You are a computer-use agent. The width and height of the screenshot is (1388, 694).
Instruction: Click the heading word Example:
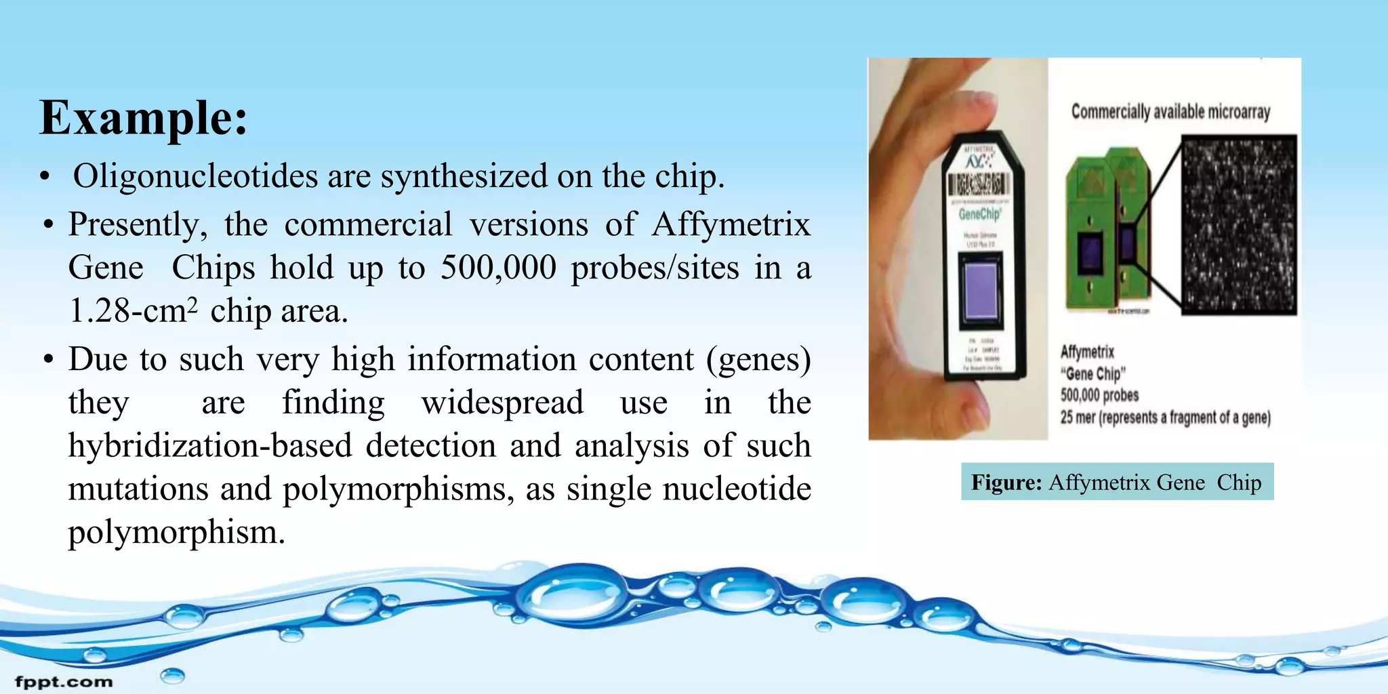tap(144, 118)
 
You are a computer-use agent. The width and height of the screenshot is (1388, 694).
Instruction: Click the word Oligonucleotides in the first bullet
tap(195, 176)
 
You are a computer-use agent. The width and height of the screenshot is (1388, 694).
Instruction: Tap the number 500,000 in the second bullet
tap(498, 268)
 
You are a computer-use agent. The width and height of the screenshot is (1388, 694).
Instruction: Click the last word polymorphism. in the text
tap(176, 532)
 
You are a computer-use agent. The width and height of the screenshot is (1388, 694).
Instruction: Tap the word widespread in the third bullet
tap(502, 403)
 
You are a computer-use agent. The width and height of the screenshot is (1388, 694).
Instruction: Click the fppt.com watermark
tap(64, 682)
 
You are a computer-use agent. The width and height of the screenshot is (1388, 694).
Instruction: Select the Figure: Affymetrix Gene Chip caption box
tap(1117, 482)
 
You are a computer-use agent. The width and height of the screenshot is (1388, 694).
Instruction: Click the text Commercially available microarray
tap(1170, 112)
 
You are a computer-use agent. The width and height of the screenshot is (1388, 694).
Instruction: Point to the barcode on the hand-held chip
tap(976, 184)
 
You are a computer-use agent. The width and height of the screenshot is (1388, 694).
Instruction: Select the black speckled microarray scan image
tap(1239, 224)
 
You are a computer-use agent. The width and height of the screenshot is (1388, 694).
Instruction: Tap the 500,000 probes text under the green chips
tap(1099, 395)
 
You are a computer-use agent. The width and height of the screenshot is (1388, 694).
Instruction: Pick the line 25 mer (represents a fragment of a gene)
tap(1165, 417)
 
